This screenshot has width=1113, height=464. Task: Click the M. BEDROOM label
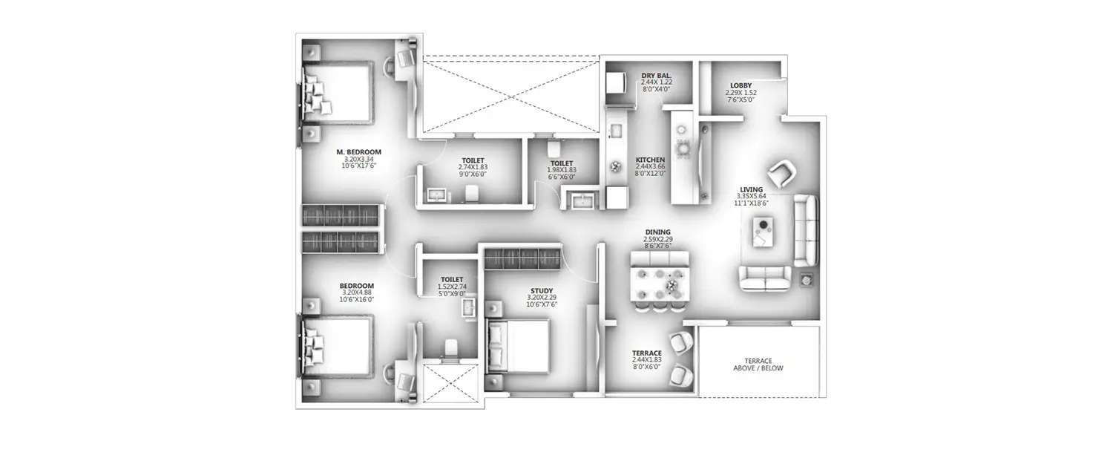tap(362, 152)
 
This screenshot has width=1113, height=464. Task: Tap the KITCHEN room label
tap(650, 160)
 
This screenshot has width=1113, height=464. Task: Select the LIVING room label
tap(753, 189)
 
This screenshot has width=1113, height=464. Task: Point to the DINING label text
tap(657, 232)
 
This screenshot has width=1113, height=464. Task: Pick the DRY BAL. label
tap(657, 75)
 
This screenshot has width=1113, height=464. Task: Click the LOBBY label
tap(741, 86)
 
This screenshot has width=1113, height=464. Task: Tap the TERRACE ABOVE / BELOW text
tap(758, 364)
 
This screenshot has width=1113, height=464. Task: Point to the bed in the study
tap(518, 345)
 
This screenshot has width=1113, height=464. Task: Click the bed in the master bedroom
tap(338, 93)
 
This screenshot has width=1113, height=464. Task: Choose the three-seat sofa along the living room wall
tap(805, 230)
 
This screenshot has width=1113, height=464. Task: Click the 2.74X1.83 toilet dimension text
tap(473, 168)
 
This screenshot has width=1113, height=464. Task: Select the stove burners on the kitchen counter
tap(682, 140)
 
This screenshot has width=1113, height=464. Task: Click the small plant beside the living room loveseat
tap(807, 280)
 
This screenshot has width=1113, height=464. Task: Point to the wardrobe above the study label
tap(522, 259)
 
